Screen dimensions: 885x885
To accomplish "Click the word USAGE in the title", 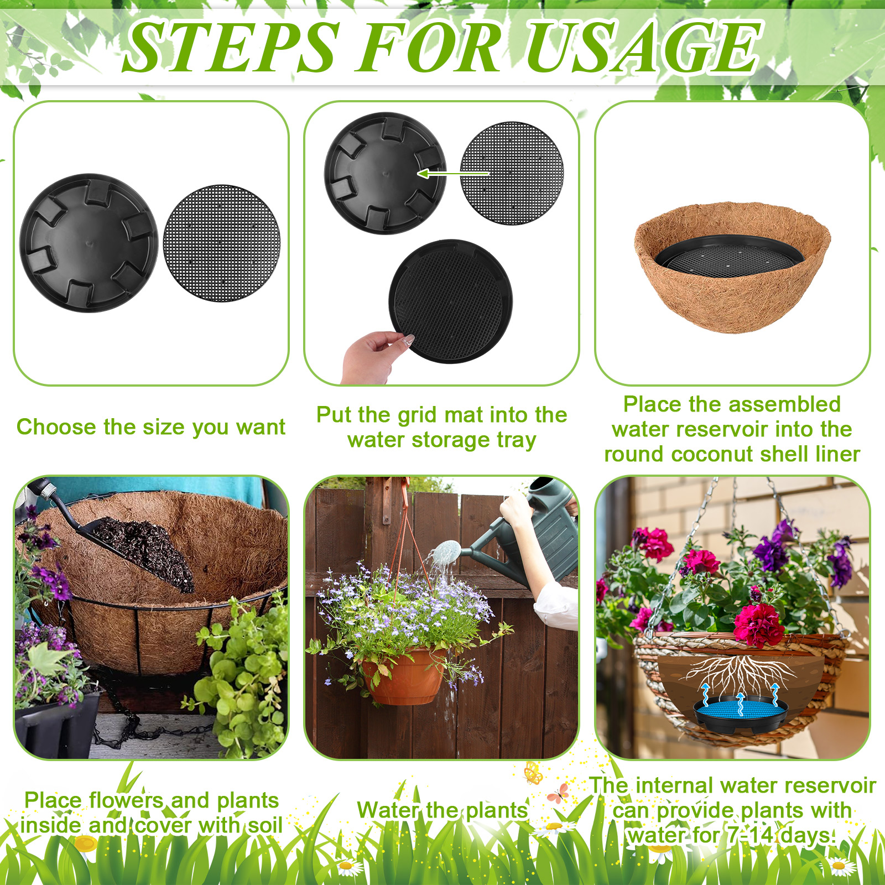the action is pos(644,46).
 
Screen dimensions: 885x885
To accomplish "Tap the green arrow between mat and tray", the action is pos(452,174).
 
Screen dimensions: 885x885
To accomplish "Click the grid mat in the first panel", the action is pos(222,243).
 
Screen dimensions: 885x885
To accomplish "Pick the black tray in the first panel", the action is pos(89,243).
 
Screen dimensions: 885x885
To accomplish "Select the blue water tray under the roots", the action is pos(741,712).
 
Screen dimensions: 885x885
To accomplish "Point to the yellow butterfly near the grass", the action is pos(533,773).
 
